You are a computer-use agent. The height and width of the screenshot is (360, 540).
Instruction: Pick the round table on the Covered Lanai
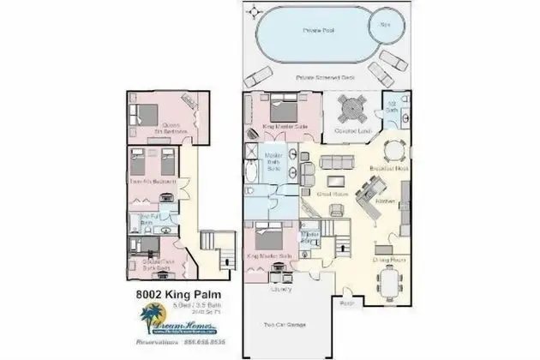click(351, 110)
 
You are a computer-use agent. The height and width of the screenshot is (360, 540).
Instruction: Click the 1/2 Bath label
click(392, 109)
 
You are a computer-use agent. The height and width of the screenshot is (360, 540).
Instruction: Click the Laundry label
click(279, 289)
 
